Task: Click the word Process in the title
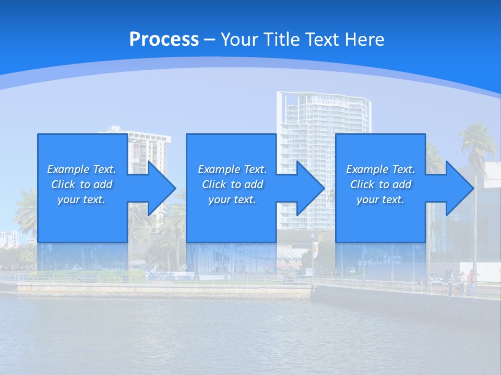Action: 164,40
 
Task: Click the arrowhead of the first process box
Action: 162,188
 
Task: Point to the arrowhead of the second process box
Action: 311,188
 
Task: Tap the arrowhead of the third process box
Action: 460,188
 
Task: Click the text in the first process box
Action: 81,184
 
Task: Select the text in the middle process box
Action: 232,184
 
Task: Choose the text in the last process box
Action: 380,184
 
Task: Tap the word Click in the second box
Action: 213,184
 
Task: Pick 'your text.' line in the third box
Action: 380,199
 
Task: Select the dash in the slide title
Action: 209,40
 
